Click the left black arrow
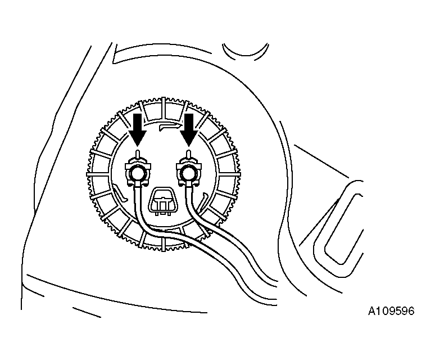click(137, 129)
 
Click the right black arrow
click(189, 129)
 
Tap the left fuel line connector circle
click(137, 174)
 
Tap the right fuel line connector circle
click(189, 173)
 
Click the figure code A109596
click(391, 311)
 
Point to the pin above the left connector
click(137, 155)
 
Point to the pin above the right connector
click(189, 155)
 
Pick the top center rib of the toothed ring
click(164, 107)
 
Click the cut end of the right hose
click(277, 283)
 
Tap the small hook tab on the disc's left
click(119, 193)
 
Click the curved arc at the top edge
click(245, 55)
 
